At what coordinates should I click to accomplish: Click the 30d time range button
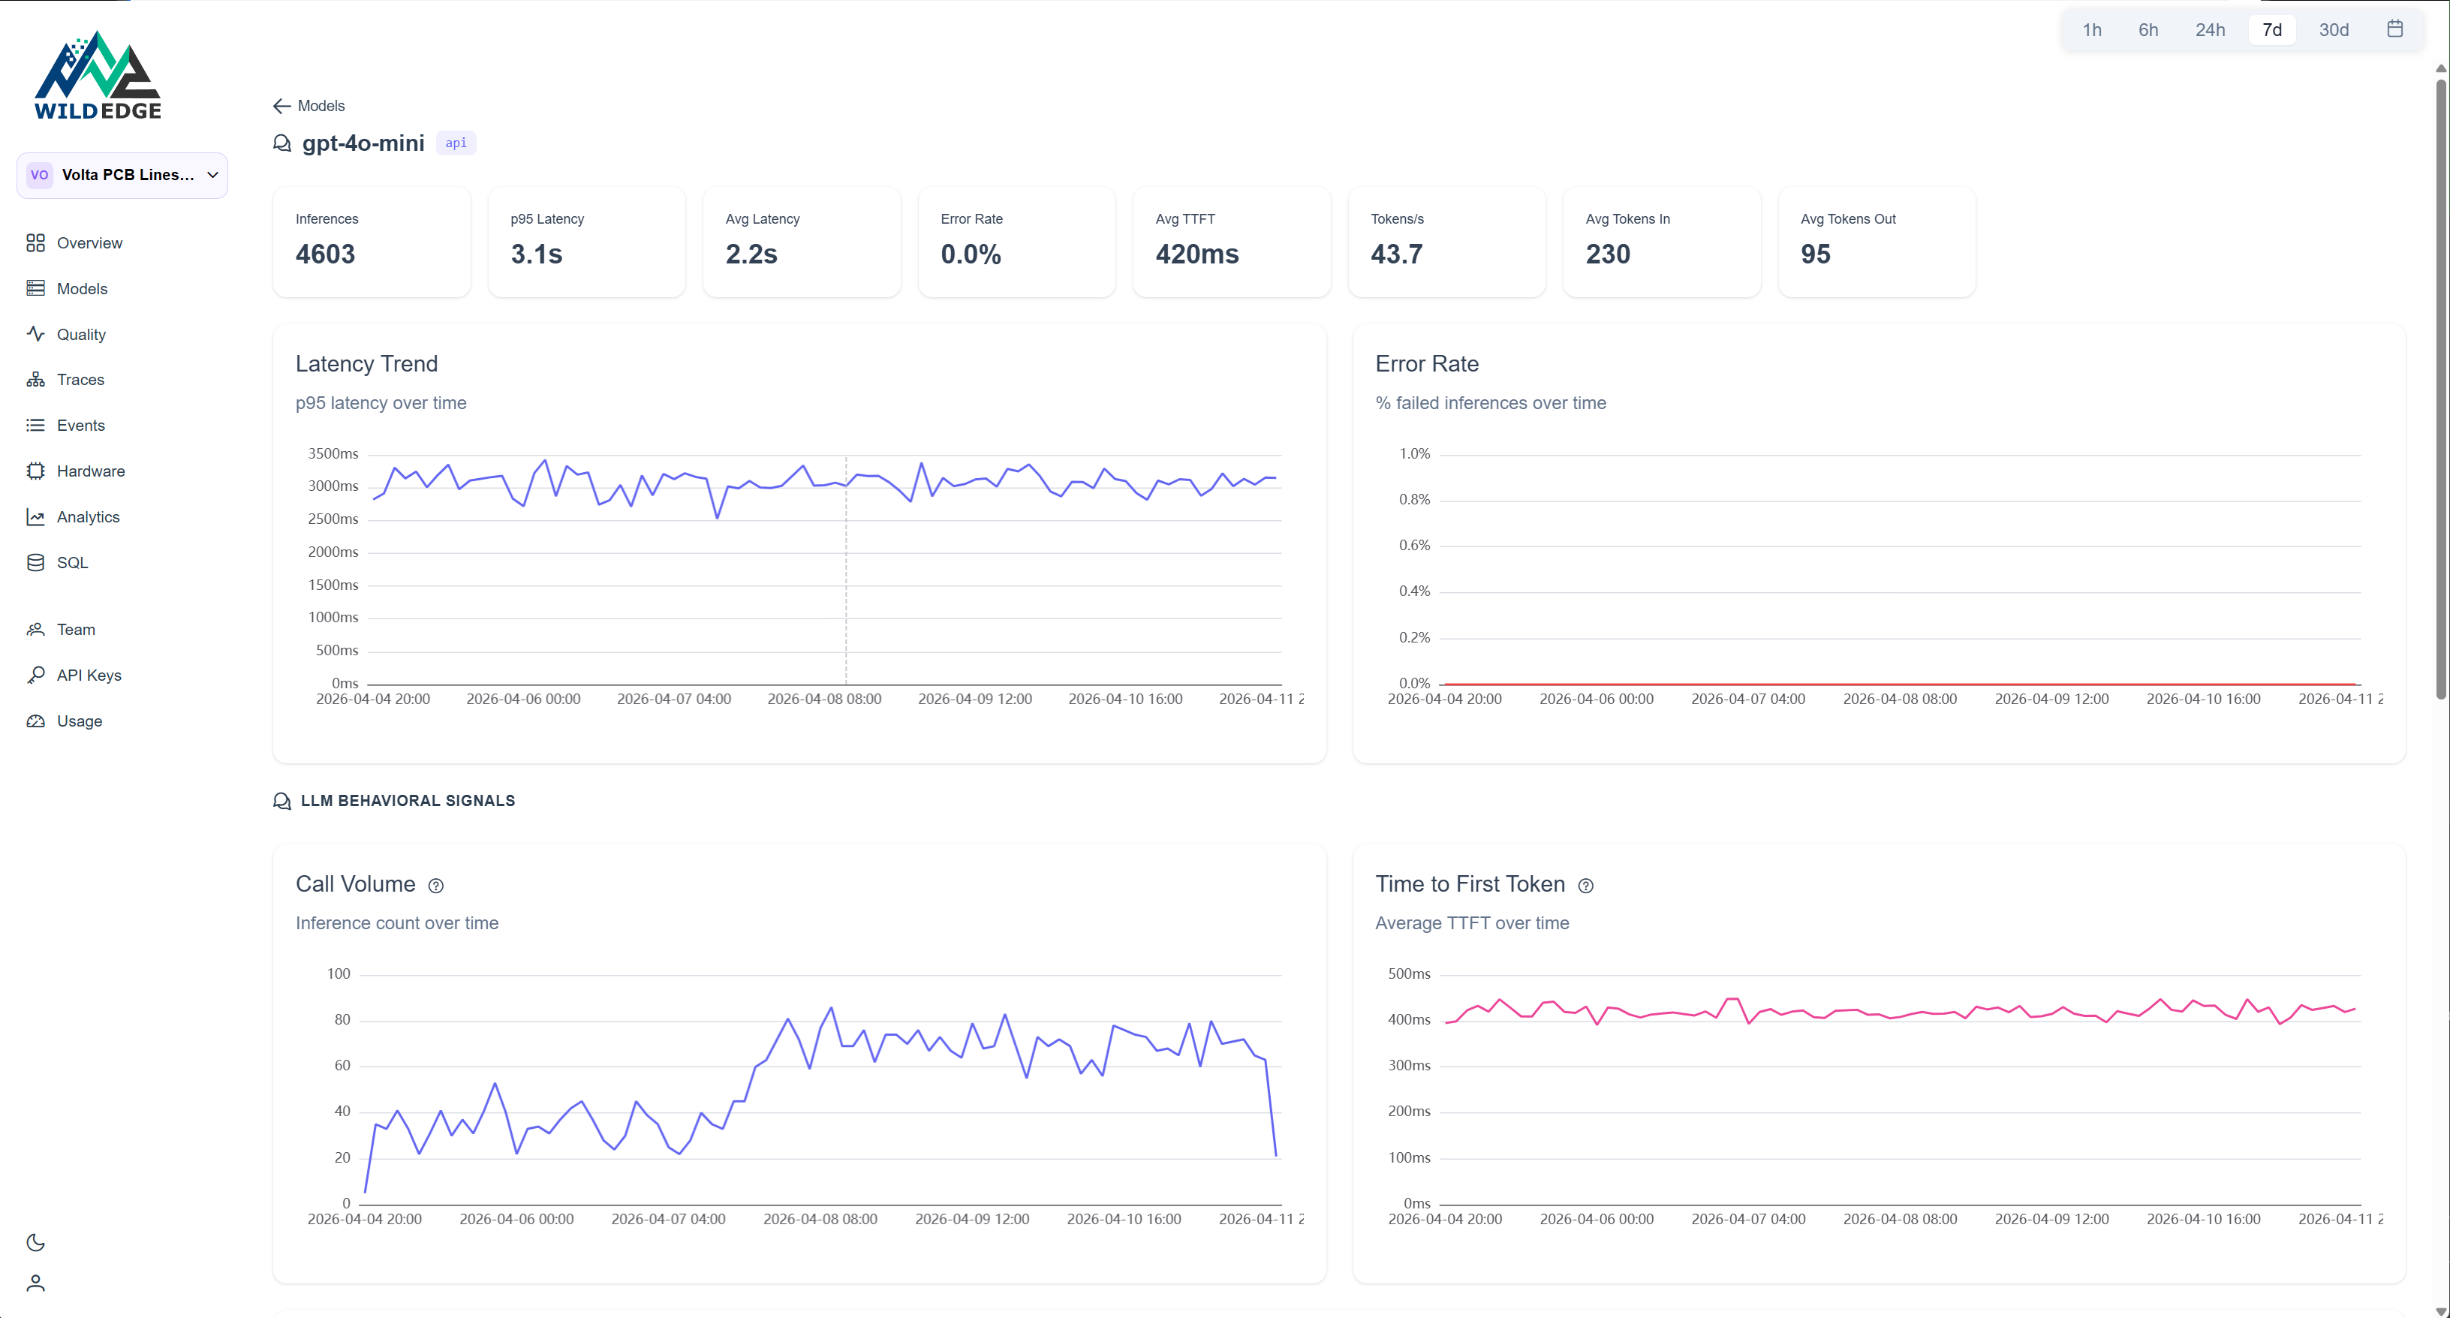[2333, 29]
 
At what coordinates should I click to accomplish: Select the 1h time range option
[2091, 29]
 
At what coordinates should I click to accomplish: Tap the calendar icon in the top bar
[2395, 29]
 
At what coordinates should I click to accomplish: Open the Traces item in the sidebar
[80, 380]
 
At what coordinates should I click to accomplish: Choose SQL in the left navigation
[72, 562]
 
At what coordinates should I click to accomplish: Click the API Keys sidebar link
[89, 676]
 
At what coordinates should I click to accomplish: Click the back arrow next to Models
[281, 106]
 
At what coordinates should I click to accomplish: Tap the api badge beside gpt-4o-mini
[456, 143]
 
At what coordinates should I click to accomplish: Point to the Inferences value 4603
[325, 254]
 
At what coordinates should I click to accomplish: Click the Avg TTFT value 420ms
[1196, 254]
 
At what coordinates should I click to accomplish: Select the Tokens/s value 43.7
[1396, 254]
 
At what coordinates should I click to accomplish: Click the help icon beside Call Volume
[435, 886]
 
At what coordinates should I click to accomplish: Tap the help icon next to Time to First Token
[1585, 886]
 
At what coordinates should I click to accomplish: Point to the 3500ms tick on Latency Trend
[333, 453]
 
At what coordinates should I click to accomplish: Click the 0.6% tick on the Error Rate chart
[1413, 545]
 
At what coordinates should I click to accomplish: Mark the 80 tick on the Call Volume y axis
[342, 1019]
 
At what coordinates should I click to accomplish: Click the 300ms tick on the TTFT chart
[1409, 1065]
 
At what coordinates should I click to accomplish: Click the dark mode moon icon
[35, 1242]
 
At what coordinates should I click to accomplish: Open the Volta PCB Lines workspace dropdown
[122, 175]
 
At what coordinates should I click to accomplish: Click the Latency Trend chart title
[366, 363]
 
